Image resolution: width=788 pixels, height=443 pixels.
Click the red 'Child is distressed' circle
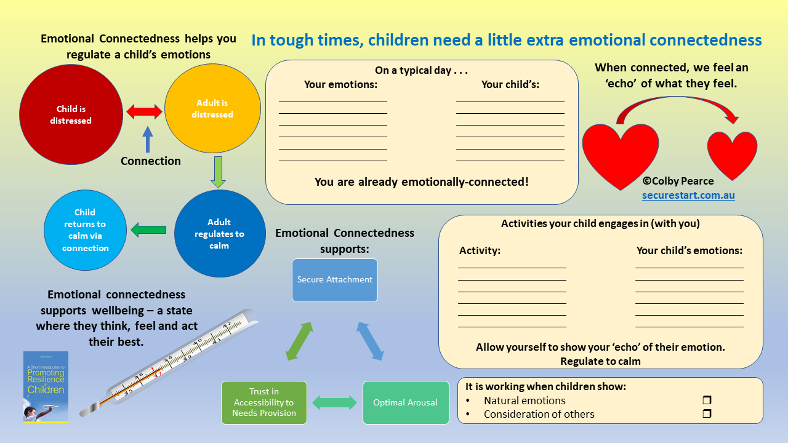pyautogui.click(x=71, y=114)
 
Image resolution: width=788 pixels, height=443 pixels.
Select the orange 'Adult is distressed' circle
pyautogui.click(x=212, y=108)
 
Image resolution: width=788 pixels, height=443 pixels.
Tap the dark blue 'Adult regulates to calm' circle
pyautogui.click(x=220, y=234)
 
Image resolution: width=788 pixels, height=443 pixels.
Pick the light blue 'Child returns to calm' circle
pyautogui.click(x=85, y=230)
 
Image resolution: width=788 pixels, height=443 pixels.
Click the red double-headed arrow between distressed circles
pyautogui.click(x=144, y=111)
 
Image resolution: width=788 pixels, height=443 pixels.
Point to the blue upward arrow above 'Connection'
pyautogui.click(x=147, y=139)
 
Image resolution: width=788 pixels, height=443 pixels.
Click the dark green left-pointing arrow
pyautogui.click(x=148, y=230)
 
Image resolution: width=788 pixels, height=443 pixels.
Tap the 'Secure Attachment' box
pyautogui.click(x=335, y=280)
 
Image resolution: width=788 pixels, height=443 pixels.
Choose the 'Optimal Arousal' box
pyautogui.click(x=406, y=403)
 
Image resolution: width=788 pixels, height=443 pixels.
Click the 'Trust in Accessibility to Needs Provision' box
pyautogui.click(x=264, y=403)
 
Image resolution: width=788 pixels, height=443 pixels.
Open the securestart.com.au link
pyautogui.click(x=688, y=195)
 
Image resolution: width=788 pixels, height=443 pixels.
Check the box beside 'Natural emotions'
pyautogui.click(x=707, y=401)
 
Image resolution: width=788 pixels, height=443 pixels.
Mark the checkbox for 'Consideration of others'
pyautogui.click(x=707, y=414)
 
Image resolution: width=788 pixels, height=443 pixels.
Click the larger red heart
pyautogui.click(x=620, y=154)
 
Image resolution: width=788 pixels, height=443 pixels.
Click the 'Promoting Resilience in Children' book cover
pyautogui.click(x=46, y=386)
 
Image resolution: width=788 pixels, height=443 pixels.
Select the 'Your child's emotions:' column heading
pyautogui.click(x=689, y=251)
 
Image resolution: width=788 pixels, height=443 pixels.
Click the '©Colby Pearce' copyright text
pyautogui.click(x=678, y=181)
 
